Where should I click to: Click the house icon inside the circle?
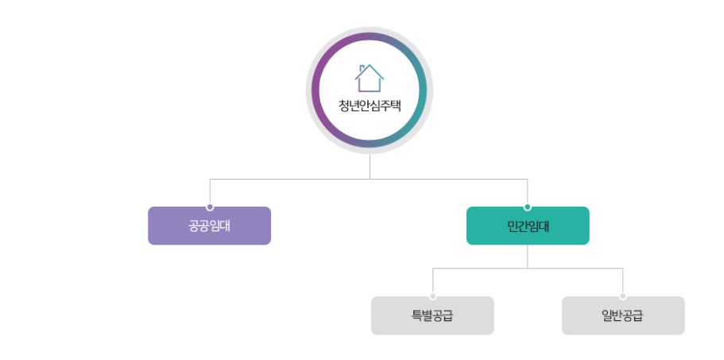pos(370,78)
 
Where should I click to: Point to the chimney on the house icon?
pos(362,68)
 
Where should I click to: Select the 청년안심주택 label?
pos(370,106)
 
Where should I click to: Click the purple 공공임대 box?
pos(209,226)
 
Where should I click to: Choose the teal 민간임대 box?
pos(528,226)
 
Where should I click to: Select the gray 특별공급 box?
pos(432,315)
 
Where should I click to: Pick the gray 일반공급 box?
pos(623,315)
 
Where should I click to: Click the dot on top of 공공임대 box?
pos(210,207)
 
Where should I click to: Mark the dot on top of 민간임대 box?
pos(528,207)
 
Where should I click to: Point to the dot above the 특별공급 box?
pos(433,296)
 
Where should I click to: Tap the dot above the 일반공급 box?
pos(623,296)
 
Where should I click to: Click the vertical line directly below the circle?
pos(370,167)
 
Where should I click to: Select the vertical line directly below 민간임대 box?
pos(528,256)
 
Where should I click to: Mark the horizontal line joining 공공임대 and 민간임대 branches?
pos(290,180)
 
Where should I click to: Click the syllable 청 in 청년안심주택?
pos(344,106)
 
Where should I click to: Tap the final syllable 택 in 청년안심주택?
pos(395,106)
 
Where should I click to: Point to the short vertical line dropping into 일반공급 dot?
pos(623,281)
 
